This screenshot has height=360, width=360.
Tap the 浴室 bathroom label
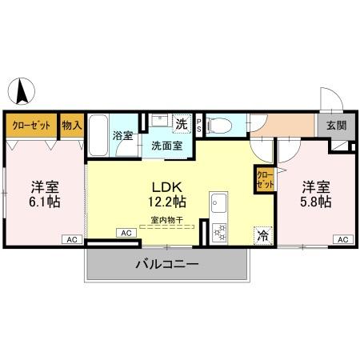pos(122,136)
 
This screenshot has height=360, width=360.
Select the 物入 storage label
pos(72,125)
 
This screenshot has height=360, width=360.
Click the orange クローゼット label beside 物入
pos(31,125)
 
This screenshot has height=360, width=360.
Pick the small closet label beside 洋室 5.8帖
pos(264,178)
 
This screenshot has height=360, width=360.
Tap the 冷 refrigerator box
pos(262,235)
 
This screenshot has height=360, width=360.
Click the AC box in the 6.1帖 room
pos(71,239)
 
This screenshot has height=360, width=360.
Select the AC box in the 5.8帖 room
pos(342,239)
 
